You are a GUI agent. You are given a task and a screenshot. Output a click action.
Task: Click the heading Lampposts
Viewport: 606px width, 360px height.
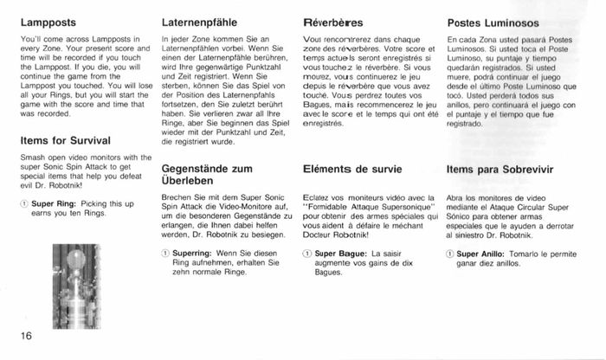tap(49, 20)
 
